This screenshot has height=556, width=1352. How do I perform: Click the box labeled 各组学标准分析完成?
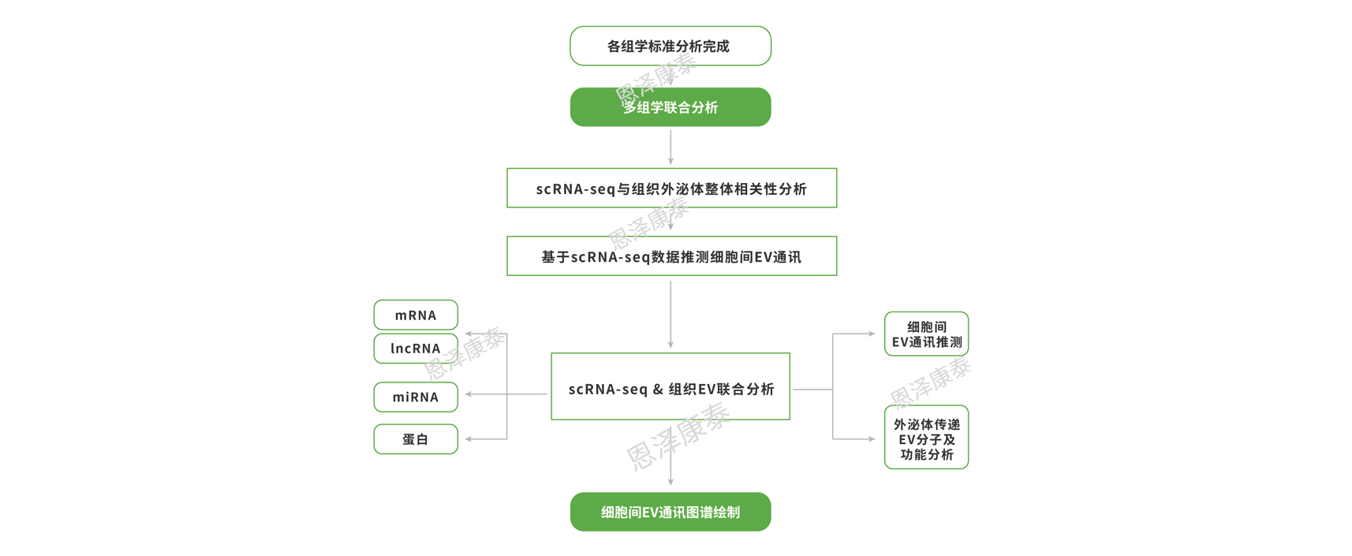click(x=670, y=46)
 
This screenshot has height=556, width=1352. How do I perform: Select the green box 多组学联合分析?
click(x=670, y=107)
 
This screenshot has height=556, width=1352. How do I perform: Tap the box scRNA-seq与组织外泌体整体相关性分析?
click(x=671, y=188)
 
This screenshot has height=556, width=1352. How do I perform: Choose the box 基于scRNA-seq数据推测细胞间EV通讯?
click(x=671, y=256)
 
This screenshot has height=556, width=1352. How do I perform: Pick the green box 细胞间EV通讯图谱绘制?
click(x=670, y=512)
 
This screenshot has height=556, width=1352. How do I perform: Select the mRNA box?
click(x=416, y=315)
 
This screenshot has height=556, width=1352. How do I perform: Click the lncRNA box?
click(x=416, y=349)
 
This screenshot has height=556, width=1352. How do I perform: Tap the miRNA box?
click(x=416, y=397)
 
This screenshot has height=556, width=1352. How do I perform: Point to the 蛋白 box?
click(x=416, y=439)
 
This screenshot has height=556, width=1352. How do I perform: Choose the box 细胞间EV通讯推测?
click(x=926, y=334)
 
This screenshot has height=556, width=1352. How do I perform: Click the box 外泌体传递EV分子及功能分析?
click(x=926, y=438)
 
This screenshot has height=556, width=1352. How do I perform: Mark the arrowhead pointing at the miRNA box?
click(x=469, y=394)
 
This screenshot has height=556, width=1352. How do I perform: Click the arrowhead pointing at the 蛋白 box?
click(x=469, y=438)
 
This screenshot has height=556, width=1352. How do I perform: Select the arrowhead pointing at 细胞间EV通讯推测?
click(x=872, y=334)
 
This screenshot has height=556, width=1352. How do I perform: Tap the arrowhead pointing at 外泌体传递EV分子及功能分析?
click(x=872, y=438)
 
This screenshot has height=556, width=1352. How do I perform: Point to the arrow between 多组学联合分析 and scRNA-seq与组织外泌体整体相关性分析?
click(x=670, y=147)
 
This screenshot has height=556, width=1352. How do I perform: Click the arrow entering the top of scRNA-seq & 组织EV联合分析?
click(x=670, y=315)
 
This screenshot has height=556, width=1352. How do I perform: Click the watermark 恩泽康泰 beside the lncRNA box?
click(x=465, y=353)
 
